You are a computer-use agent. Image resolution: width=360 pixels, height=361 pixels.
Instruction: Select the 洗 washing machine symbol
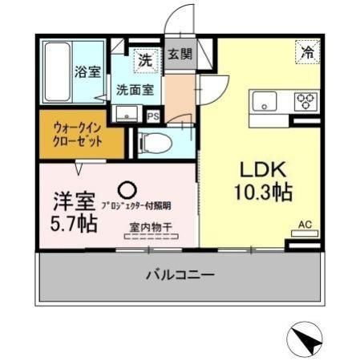tap(145, 59)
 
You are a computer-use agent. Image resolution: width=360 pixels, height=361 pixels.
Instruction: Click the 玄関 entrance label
tap(180, 55)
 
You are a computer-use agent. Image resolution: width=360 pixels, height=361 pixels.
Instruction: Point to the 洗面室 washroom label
tap(135, 89)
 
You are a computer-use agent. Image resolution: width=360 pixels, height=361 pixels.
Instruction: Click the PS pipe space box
tap(152, 115)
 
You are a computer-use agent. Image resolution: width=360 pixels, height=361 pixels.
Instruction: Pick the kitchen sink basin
tap(264, 101)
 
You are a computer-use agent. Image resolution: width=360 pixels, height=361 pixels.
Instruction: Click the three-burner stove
tap(306, 101)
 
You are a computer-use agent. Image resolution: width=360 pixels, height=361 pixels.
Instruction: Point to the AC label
tap(305, 225)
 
